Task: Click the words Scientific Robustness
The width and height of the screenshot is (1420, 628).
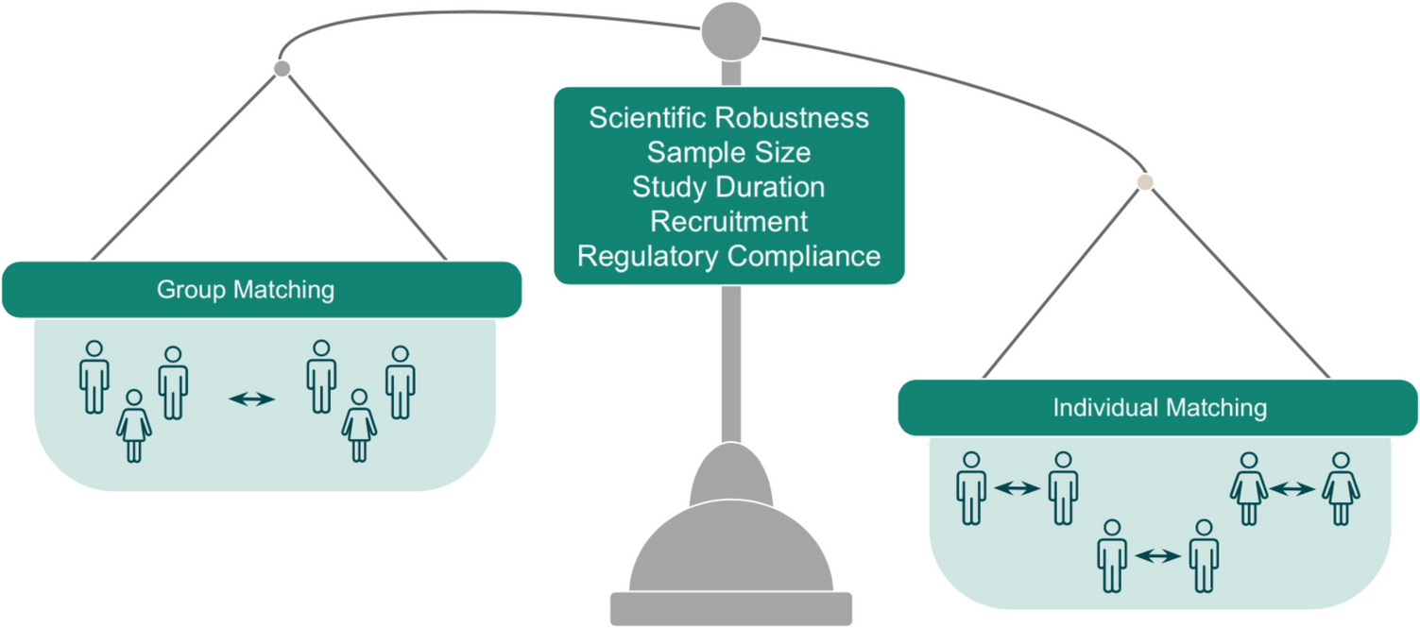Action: pos(728,118)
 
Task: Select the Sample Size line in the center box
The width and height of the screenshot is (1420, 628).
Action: pos(728,152)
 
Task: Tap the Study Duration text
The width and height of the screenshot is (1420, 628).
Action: pos(728,187)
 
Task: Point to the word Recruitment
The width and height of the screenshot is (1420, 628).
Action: pos(728,221)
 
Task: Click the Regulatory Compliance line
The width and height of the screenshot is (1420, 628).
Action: pos(728,256)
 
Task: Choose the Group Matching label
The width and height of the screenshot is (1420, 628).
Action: pos(246,289)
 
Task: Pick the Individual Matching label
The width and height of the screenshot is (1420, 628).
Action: pos(1159,408)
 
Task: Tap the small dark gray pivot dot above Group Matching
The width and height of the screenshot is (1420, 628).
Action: pos(282,69)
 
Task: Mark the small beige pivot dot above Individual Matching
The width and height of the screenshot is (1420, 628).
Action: pos(1145,182)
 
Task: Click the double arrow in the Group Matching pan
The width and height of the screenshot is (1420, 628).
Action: pos(251,399)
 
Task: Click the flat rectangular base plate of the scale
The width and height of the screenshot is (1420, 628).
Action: pos(730,608)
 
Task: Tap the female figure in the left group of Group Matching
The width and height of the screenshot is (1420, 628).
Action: pos(134,426)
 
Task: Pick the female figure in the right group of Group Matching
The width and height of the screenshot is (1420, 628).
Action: pos(359,426)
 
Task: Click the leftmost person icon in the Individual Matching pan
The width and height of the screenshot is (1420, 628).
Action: pos(971,487)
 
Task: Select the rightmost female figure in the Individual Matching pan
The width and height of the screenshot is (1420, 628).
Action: pos(1340,487)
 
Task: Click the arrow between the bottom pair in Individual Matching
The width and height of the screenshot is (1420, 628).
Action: pos(1157,557)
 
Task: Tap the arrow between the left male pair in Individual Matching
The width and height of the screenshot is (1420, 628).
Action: pos(1017,488)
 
